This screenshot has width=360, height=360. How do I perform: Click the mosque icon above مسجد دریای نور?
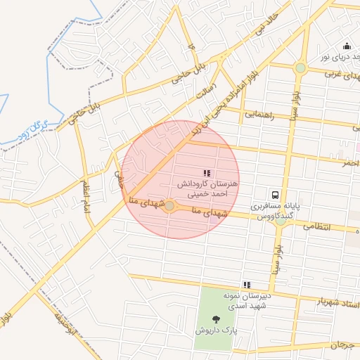pos(346,46)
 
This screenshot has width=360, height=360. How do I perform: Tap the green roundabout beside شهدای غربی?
pos(301,68)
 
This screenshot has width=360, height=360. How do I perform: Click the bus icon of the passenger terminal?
pos(276,194)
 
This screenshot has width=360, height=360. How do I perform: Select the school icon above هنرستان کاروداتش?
pos(207,172)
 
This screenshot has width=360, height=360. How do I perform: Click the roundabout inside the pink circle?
pos(169,205)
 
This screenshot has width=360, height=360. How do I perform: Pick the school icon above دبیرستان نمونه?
pos(246,285)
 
